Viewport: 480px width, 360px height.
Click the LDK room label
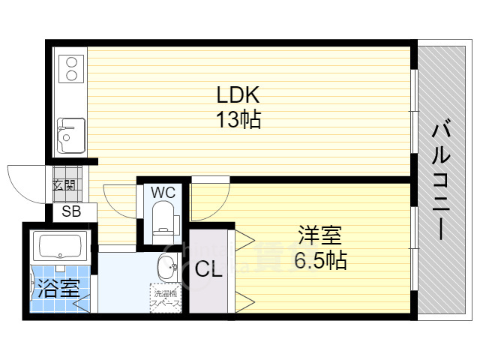point(238,95)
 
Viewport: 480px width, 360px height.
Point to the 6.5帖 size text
point(321,261)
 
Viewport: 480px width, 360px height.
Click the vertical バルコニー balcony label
point(442,180)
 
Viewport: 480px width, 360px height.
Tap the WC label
point(163,192)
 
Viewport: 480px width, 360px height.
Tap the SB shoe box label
point(70,211)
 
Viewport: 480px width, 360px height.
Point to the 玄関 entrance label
point(63,184)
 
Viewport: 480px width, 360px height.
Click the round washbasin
point(166,266)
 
